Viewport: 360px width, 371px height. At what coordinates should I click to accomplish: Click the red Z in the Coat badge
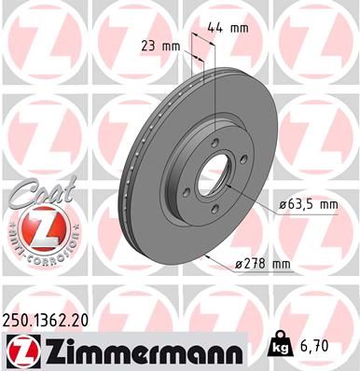click(x=34, y=228)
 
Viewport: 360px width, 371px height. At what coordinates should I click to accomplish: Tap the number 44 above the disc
click(x=219, y=29)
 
